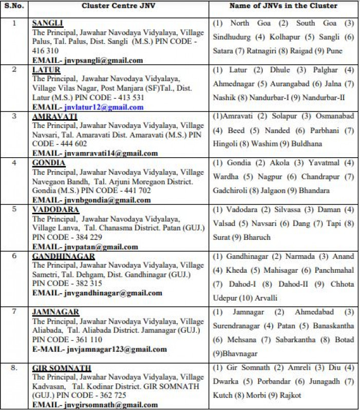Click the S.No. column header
(14, 6)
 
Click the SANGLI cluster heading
(47, 24)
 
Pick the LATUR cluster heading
(46, 70)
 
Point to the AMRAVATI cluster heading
(55, 117)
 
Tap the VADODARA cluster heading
(55, 210)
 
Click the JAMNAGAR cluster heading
(55, 312)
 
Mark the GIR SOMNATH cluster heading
(62, 368)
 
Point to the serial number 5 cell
(14, 210)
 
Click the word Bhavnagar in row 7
(238, 354)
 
